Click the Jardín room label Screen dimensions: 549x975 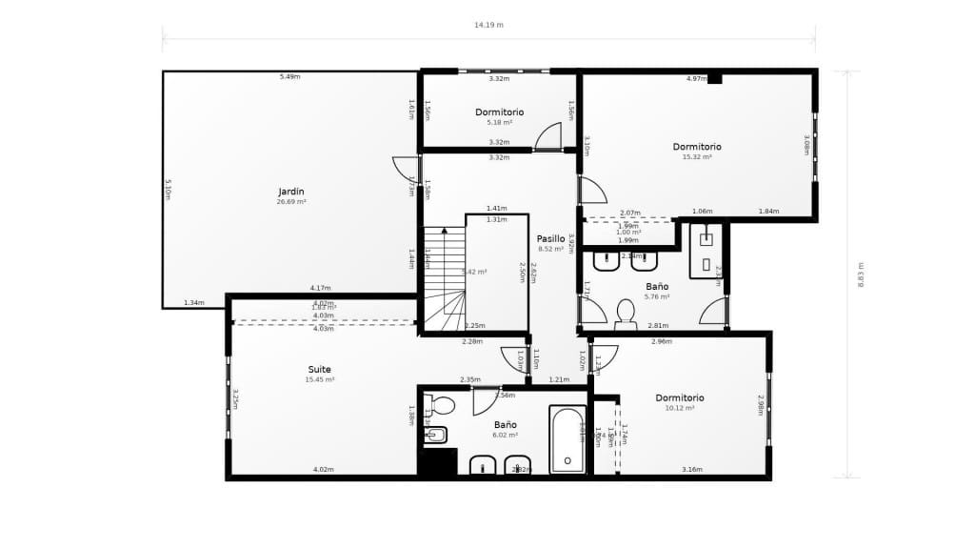pos(291,192)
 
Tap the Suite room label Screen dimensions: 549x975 pos(320,369)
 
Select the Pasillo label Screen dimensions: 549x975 pos(551,238)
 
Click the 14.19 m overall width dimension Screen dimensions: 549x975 pos(488,26)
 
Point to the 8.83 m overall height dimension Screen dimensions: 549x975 pos(861,275)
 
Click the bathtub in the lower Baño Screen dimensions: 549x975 pos(567,439)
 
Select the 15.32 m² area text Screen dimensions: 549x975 pos(697,157)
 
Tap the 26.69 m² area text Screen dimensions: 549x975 pos(291,202)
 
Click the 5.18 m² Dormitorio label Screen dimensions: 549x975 pos(500,112)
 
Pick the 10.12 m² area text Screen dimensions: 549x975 pos(680,409)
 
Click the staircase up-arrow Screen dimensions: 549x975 pos(444,231)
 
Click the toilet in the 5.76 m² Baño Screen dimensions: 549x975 pos(626,313)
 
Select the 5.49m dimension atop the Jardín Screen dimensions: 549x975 pos(289,76)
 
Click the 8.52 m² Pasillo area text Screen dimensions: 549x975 pos(551,249)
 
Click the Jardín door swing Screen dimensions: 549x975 pos(406,169)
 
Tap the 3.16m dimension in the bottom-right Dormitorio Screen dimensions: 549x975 pos(692,470)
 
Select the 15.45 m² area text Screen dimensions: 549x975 pos(320,379)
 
